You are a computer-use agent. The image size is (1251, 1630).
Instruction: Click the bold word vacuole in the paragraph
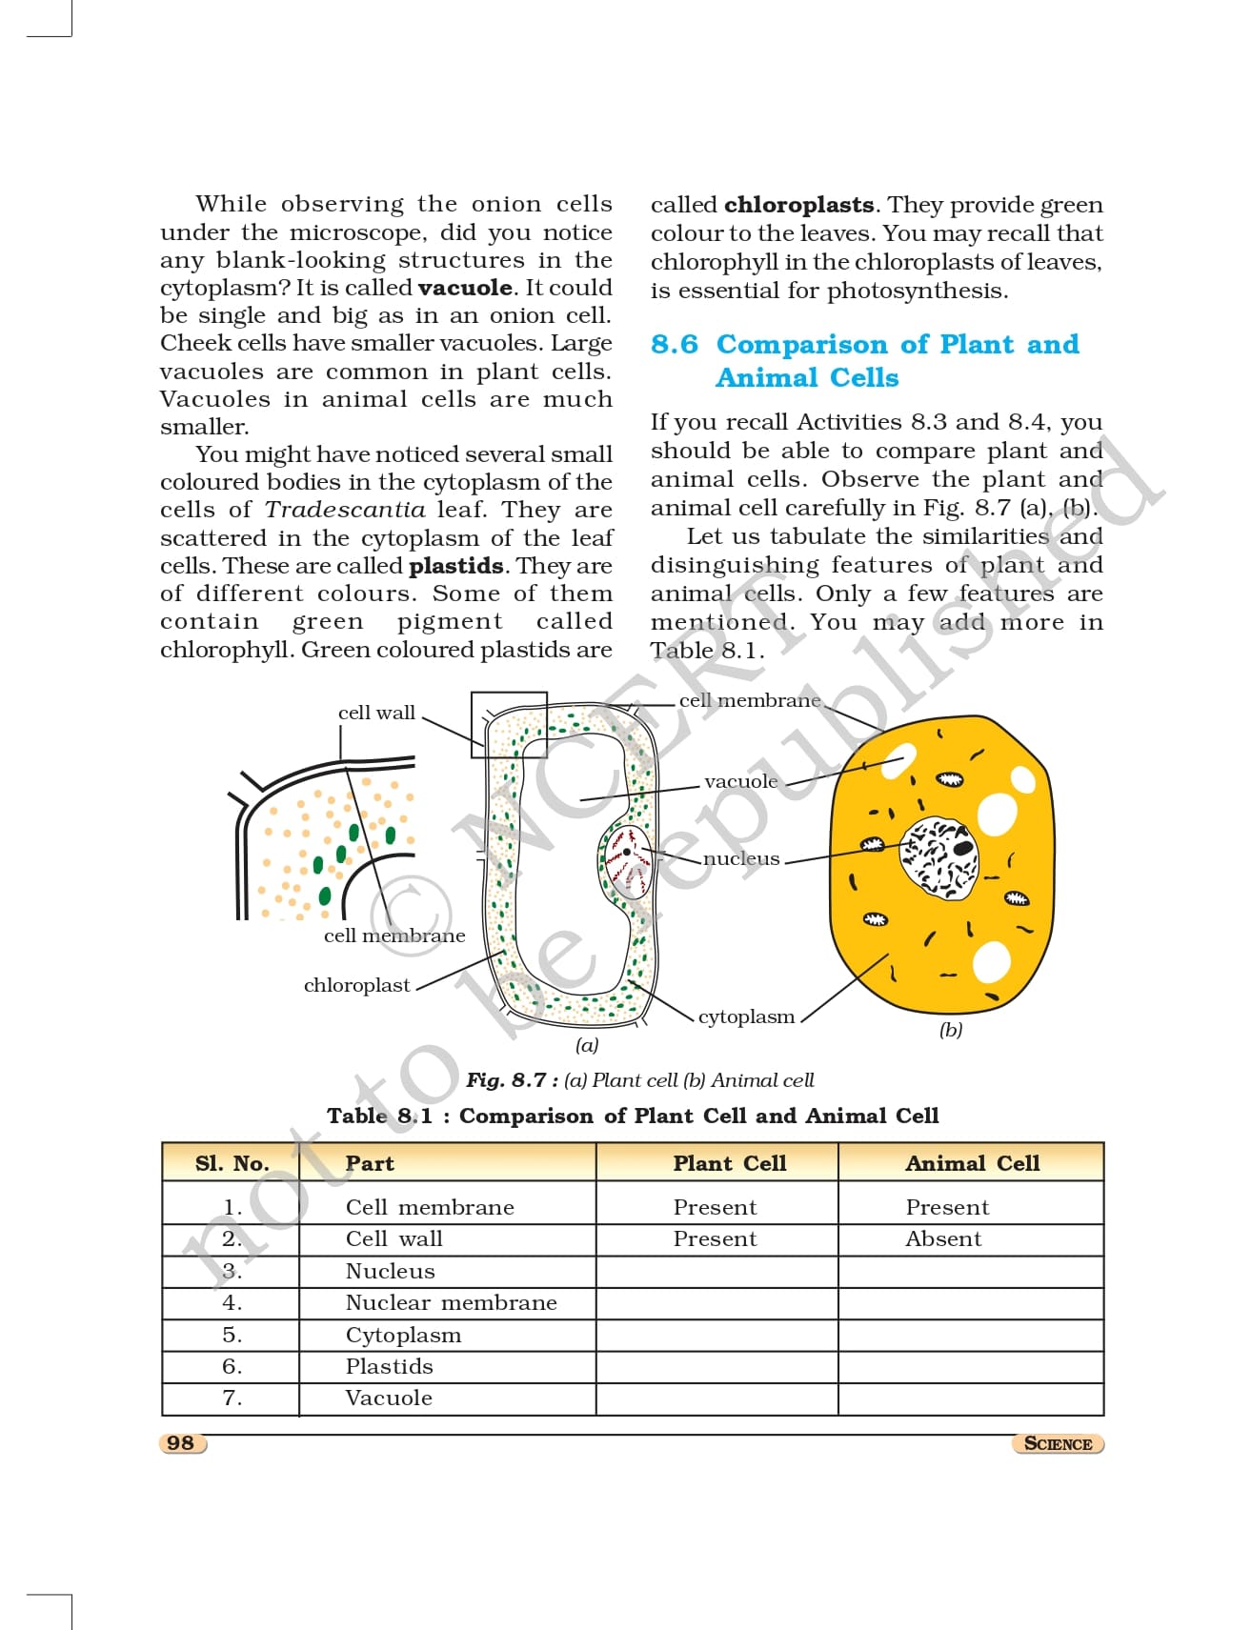click(x=465, y=288)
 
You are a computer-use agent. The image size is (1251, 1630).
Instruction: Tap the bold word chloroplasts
click(x=798, y=205)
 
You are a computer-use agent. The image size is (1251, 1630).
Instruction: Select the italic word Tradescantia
click(x=345, y=510)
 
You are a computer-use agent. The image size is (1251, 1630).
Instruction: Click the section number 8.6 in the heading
click(x=675, y=344)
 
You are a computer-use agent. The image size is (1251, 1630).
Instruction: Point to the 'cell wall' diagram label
click(x=376, y=713)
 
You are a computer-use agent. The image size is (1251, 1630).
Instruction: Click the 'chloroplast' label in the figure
click(x=356, y=985)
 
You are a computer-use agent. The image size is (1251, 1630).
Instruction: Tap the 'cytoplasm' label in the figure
click(x=746, y=1016)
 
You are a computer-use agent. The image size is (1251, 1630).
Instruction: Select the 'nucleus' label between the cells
click(x=741, y=858)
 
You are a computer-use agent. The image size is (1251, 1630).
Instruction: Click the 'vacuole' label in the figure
click(x=740, y=781)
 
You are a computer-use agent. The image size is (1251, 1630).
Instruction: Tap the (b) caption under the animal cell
click(x=950, y=1030)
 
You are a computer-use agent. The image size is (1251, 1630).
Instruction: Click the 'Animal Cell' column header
click(x=972, y=1163)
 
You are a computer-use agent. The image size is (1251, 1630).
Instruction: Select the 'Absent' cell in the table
click(x=942, y=1238)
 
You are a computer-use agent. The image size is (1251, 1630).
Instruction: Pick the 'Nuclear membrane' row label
click(x=451, y=1302)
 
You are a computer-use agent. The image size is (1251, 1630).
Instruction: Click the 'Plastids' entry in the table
click(x=389, y=1366)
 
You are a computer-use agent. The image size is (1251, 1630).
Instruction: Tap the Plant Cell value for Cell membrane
click(x=715, y=1207)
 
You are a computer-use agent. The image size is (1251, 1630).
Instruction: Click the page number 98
click(x=180, y=1442)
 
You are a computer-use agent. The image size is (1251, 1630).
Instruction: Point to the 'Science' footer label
click(x=1058, y=1443)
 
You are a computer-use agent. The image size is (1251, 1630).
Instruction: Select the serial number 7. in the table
click(x=232, y=1398)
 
